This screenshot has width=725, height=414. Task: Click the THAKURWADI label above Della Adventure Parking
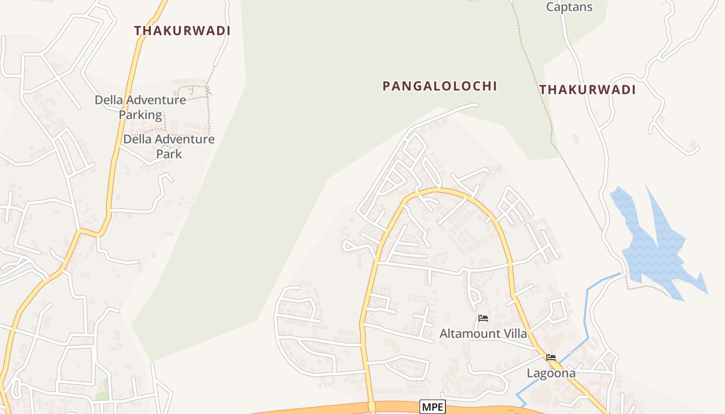(182, 31)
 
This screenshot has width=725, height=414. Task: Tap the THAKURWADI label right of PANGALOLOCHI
(587, 90)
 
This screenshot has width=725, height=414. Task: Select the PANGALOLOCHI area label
(440, 86)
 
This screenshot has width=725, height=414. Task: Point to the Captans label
(569, 7)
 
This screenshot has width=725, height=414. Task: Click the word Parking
(140, 115)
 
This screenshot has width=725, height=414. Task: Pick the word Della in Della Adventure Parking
(109, 100)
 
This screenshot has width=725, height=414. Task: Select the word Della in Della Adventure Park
(137, 139)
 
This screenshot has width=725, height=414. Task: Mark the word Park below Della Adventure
(169, 154)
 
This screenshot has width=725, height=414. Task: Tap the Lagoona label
(551, 373)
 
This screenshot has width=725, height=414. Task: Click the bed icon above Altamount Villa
(483, 318)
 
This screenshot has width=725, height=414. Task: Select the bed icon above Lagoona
(551, 358)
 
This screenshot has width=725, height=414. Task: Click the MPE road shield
(432, 407)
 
